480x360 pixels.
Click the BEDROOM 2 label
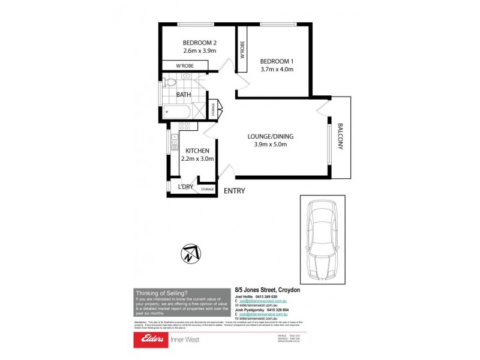pos(199,43)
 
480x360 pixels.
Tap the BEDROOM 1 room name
pos(277,61)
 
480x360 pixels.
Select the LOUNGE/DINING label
pos(271,136)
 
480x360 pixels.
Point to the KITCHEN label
pos(197,150)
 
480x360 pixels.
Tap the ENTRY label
pos(234,191)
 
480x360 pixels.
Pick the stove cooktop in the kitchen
pos(185,126)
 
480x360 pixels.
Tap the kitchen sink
pos(175,142)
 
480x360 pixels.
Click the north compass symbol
pos(190,254)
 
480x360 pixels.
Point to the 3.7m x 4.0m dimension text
pos(277,69)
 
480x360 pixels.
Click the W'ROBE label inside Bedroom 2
pos(184,65)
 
